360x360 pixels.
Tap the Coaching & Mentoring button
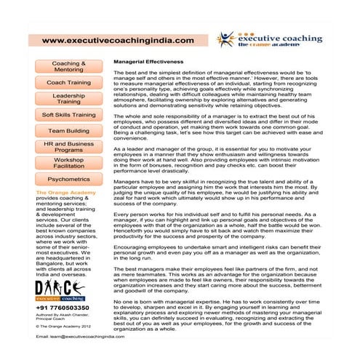coord(68,67)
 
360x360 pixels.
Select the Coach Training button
coord(68,83)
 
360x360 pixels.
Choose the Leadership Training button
coord(68,99)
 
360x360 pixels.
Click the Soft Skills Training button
coord(68,115)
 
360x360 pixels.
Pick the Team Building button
coord(68,131)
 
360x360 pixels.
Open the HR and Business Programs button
coord(68,147)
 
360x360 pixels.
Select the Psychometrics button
coord(68,179)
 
